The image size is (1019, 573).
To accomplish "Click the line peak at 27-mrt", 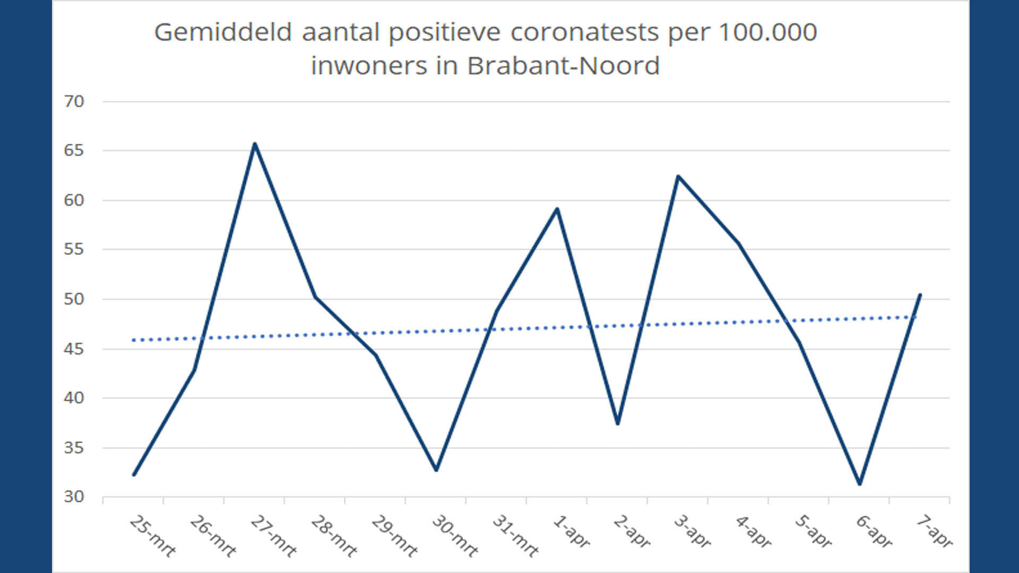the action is [255, 143].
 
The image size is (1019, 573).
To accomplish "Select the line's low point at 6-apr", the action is [860, 484].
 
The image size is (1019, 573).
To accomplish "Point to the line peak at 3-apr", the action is [678, 176].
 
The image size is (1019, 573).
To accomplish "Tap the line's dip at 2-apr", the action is [618, 423].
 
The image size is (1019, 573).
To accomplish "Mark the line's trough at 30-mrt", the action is [436, 470].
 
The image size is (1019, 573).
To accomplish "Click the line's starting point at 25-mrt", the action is [134, 475].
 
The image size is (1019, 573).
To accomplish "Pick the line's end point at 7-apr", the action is [920, 295].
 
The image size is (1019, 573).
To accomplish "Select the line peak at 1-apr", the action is [557, 209].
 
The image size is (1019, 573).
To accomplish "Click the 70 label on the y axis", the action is [74, 101].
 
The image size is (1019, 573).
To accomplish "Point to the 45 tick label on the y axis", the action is [74, 349].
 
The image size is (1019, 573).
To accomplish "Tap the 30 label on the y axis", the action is [74, 497].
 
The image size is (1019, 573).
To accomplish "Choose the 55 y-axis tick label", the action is [74, 249].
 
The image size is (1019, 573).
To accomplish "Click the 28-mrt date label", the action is [334, 536].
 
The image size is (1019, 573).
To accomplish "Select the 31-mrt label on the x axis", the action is [515, 536].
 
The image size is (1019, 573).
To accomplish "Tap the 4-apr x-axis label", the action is [753, 532].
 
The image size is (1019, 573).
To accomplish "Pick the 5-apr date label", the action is [814, 532].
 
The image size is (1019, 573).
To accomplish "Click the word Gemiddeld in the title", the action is [223, 32].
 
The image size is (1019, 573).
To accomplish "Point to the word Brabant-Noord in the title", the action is [563, 66].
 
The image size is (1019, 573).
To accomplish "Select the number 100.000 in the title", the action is [767, 32].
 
